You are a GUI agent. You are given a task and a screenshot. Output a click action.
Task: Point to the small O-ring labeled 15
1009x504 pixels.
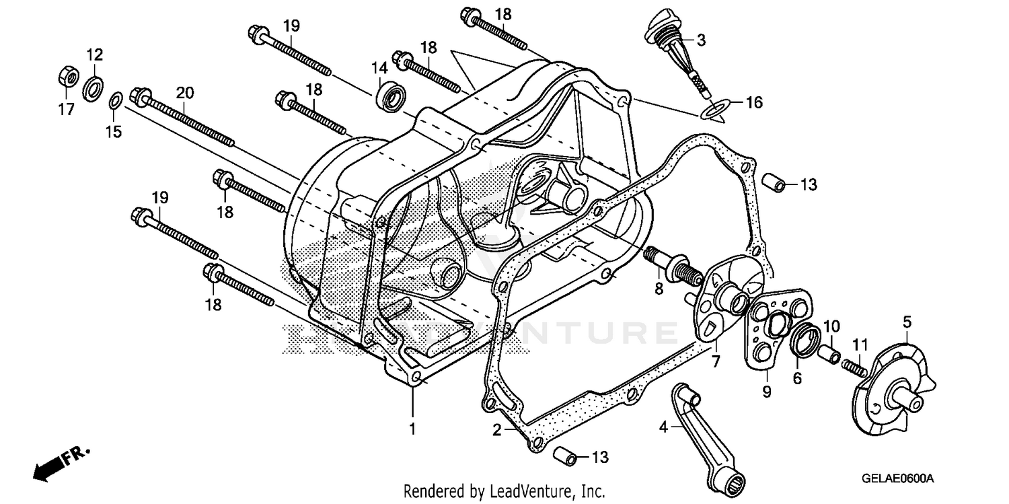(x=115, y=102)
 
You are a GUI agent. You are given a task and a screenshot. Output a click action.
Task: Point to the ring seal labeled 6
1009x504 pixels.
(x=804, y=340)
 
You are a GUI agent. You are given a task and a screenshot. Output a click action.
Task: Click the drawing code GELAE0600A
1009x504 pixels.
(x=899, y=478)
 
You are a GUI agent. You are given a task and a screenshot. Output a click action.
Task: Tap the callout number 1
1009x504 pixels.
(x=413, y=427)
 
